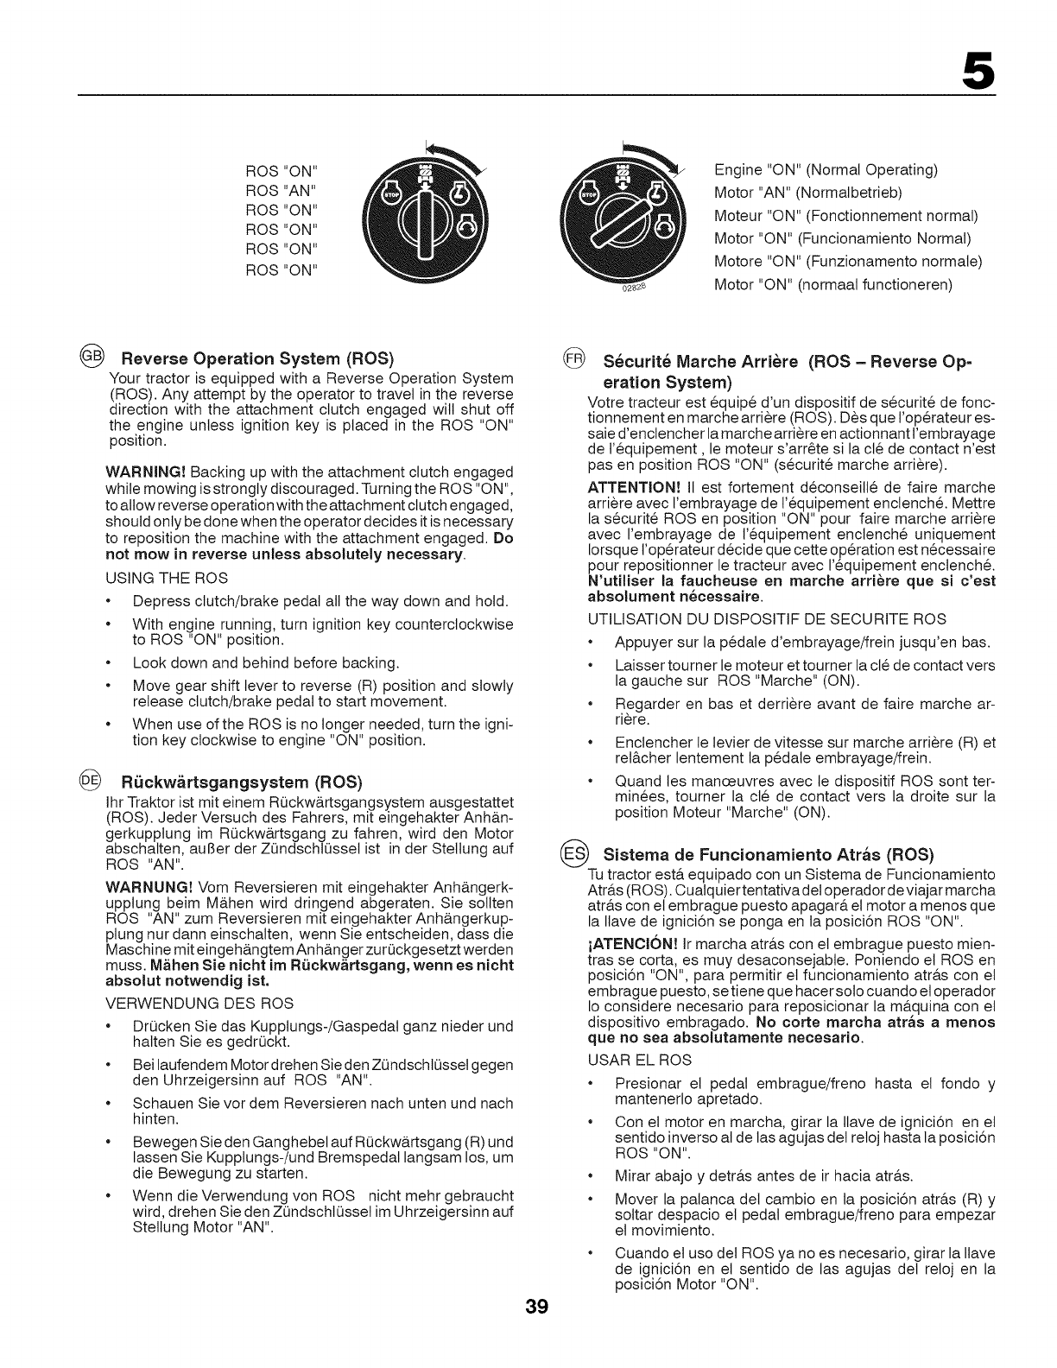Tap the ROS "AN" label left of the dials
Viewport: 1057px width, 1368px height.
(x=282, y=190)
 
